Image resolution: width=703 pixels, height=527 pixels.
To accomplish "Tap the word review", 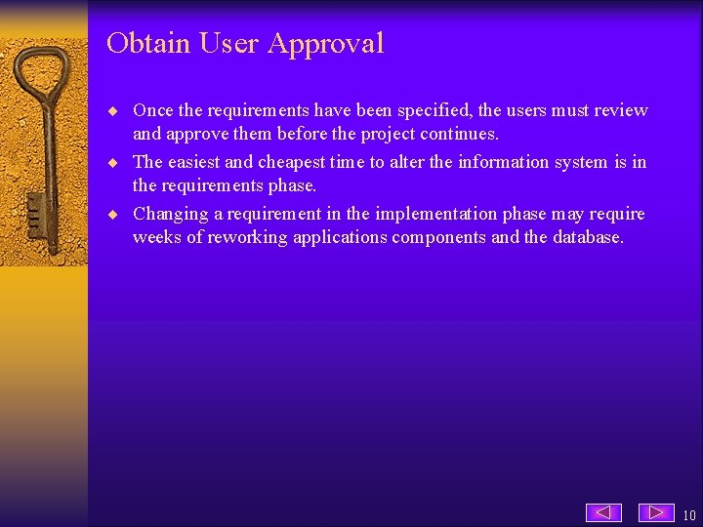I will coord(621,110).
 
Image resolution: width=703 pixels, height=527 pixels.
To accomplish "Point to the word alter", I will coord(406,162).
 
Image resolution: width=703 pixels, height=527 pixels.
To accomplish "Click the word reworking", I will coord(244,237).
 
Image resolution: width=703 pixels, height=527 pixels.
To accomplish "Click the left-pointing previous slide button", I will coord(603,512).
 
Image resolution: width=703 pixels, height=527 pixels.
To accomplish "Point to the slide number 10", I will coord(689,515).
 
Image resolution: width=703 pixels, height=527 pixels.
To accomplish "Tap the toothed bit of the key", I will coord(33,210).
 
